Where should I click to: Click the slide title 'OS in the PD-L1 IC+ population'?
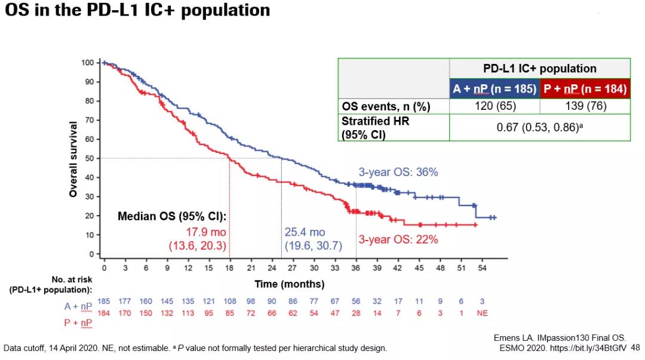pos(137,10)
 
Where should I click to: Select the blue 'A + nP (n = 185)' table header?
pos(494,90)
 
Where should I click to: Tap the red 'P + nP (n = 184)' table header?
pos(585,90)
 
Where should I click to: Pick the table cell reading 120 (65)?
pos(494,107)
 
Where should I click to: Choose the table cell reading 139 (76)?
pos(585,107)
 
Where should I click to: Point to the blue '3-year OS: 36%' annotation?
pos(398,172)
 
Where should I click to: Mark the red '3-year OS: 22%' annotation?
pos(398,239)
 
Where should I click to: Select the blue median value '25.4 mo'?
pos(305,232)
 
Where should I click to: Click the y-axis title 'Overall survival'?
pos(73,159)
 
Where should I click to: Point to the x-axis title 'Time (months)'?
pos(290,284)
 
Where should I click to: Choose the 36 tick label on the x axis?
pos(356,267)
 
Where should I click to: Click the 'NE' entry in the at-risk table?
pos(483,313)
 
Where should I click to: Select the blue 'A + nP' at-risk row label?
pos(78,306)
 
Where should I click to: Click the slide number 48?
pos(635,347)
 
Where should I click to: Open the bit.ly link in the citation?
pos(592,347)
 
